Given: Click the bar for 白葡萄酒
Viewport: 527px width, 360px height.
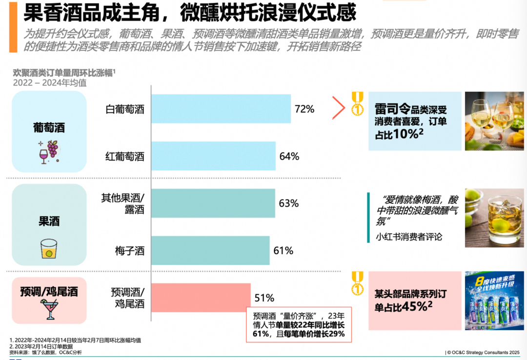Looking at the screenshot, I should (x=221, y=109).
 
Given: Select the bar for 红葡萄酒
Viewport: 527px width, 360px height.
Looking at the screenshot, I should (x=213, y=156).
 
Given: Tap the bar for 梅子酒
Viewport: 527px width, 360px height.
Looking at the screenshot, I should (x=210, y=251).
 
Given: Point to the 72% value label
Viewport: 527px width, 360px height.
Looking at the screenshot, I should (x=304, y=109).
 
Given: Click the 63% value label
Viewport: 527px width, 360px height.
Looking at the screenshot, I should (x=289, y=203).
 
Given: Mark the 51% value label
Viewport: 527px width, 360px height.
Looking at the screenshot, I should (x=264, y=298).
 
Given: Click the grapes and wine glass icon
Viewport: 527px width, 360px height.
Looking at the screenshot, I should (x=49, y=151).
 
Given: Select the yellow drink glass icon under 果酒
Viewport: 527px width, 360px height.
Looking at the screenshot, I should (x=49, y=248).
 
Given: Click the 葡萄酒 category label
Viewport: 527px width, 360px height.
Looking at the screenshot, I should (x=49, y=128).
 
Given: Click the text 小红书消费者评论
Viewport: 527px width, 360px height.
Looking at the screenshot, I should (x=409, y=237).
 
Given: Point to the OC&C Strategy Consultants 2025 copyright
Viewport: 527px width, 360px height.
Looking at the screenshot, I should (x=483, y=352).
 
